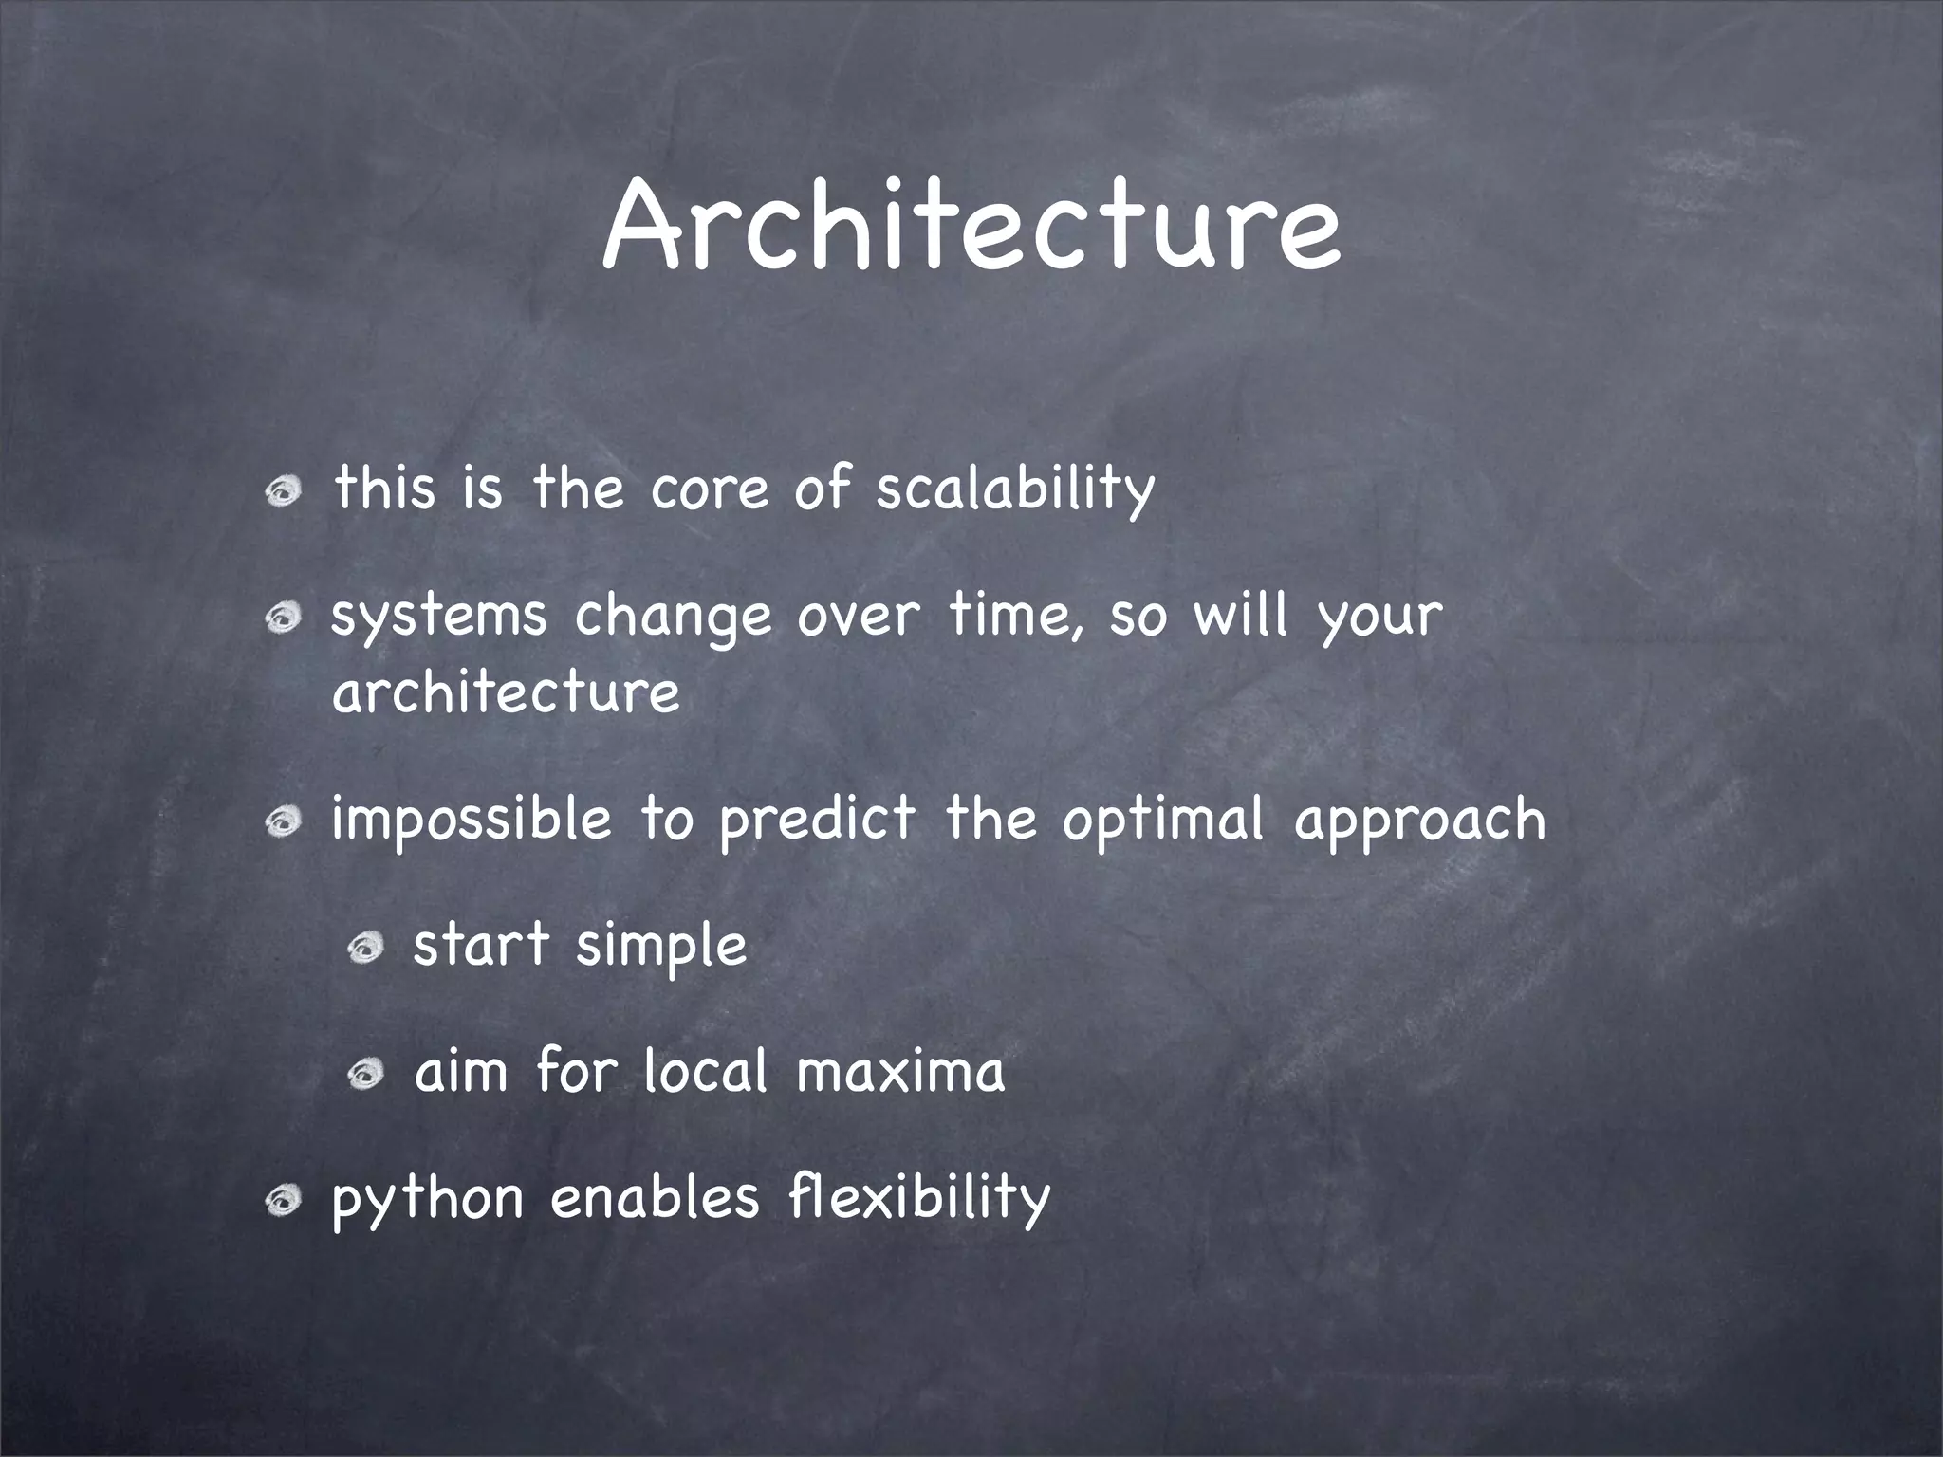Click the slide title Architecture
point(971,228)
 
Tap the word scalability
point(1014,490)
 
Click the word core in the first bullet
point(709,490)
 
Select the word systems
point(438,618)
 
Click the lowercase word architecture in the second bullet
point(506,692)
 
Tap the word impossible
point(472,821)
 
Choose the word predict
point(818,821)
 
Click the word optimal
point(1163,821)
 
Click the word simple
point(661,948)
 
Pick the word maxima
point(900,1073)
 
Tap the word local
point(705,1071)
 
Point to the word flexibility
point(919,1197)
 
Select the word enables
point(655,1197)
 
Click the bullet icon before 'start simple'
point(364,946)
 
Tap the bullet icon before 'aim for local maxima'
point(364,1074)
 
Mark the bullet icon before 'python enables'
point(284,1201)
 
